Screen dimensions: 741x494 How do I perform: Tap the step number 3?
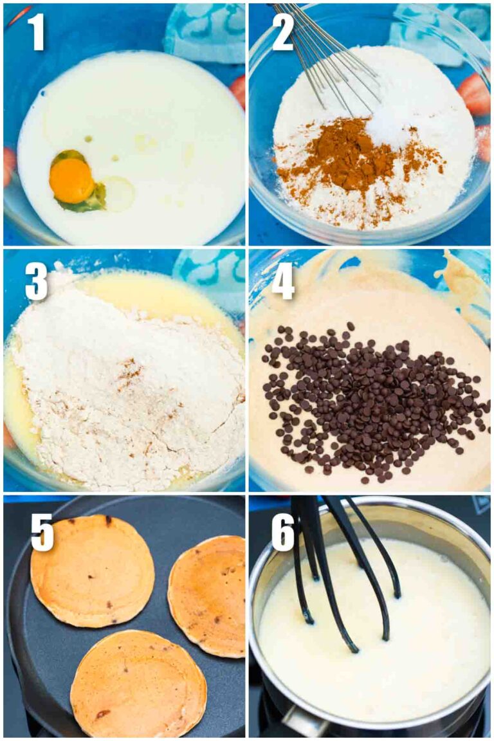pos(36,280)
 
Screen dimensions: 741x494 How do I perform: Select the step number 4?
pos(283,280)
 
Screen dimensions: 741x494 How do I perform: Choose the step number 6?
pos(283,531)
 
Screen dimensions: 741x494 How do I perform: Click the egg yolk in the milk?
pos(71,181)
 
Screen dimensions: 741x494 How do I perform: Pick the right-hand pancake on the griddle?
pos(207,595)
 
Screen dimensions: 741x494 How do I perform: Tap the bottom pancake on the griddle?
pos(138,685)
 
